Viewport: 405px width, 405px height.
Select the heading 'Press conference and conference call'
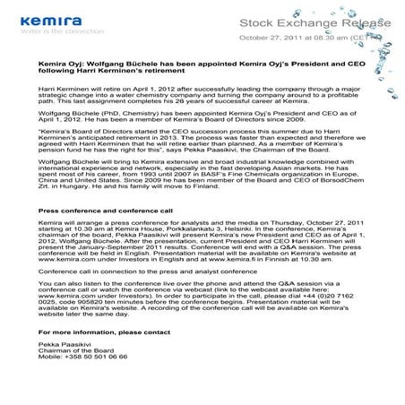(102, 211)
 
